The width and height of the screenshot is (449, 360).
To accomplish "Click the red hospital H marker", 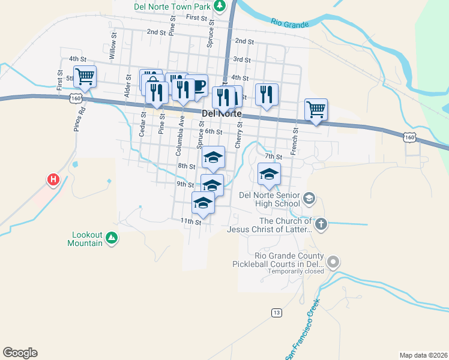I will pyautogui.click(x=53, y=179).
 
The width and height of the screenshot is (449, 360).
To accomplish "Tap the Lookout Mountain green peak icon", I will pyautogui.click(x=111, y=239).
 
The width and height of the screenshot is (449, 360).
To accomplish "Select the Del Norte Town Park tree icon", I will pyautogui.click(x=220, y=6).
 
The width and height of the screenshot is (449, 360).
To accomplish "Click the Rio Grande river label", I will pyautogui.click(x=290, y=23).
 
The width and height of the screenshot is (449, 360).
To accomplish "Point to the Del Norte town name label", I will pyautogui.click(x=222, y=113).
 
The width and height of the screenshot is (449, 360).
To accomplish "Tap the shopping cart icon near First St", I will pyautogui.click(x=85, y=76).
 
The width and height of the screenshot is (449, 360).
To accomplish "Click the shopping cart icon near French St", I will pyautogui.click(x=316, y=109).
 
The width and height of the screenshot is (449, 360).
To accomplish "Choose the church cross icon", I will pyautogui.click(x=321, y=224).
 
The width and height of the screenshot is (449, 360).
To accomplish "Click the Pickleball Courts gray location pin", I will pyautogui.click(x=333, y=262).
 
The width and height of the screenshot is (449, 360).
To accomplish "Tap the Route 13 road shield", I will pyautogui.click(x=276, y=313).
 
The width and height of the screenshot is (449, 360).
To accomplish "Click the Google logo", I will pyautogui.click(x=20, y=353).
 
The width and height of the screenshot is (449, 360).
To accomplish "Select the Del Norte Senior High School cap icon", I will pyautogui.click(x=309, y=198).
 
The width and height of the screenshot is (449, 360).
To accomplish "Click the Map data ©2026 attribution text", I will pyautogui.click(x=423, y=355).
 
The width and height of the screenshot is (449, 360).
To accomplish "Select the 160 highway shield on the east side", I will pyautogui.click(x=409, y=137).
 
